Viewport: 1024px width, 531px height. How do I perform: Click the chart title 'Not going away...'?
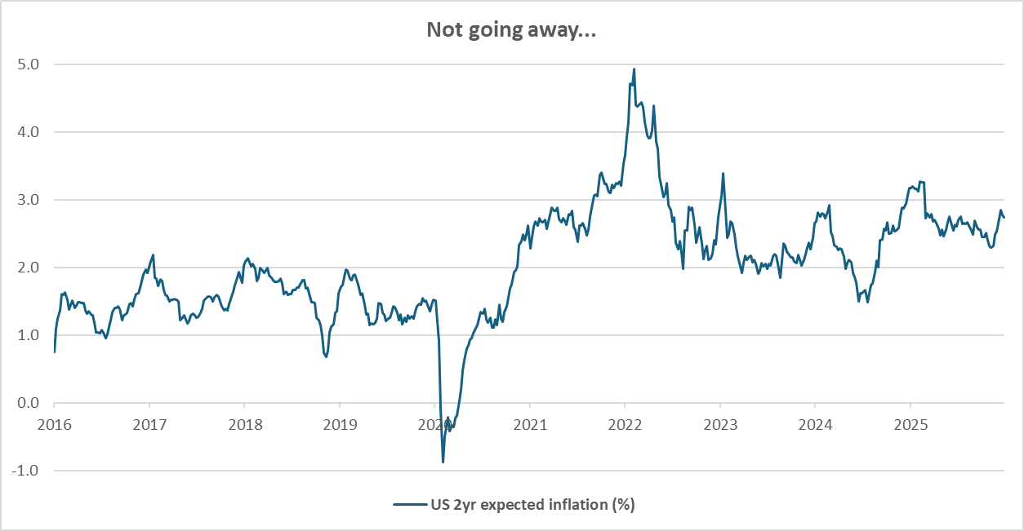click(x=512, y=30)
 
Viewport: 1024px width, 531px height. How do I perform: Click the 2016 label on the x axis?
click(x=54, y=424)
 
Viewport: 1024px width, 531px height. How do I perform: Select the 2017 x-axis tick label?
click(x=149, y=424)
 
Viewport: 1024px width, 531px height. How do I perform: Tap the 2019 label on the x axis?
click(x=340, y=424)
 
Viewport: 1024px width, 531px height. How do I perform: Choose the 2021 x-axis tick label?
click(x=530, y=424)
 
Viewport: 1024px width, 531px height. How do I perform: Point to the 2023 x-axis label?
click(x=720, y=424)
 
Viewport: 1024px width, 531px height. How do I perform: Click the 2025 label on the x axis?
click(x=910, y=424)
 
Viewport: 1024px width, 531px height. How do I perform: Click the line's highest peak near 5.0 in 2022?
click(x=634, y=69)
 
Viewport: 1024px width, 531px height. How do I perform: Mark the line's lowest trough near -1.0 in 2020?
click(x=443, y=462)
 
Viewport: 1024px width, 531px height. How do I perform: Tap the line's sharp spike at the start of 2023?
click(x=723, y=174)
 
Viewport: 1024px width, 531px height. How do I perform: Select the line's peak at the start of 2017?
click(x=153, y=255)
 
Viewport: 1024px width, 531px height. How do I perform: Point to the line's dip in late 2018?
click(x=326, y=356)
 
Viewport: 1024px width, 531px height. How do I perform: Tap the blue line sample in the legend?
click(x=409, y=504)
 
